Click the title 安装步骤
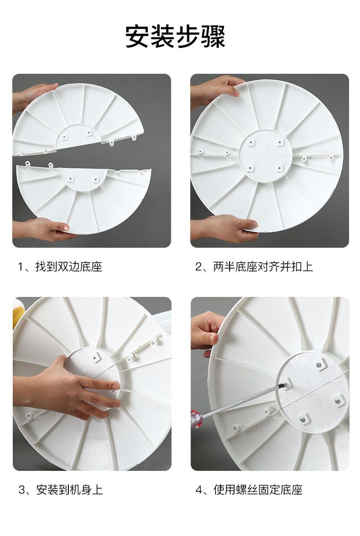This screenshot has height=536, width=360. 175,36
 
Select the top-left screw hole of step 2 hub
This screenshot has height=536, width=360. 252,142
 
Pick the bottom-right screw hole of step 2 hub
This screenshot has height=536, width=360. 280,168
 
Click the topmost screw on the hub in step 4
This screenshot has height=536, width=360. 319,365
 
